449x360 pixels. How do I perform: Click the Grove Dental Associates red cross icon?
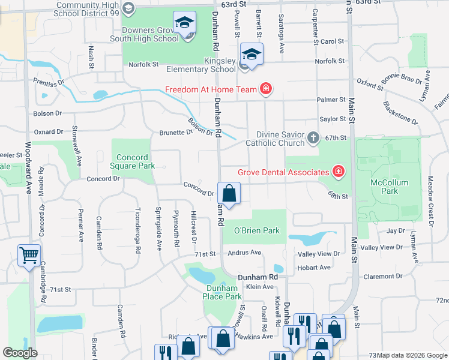tap(339, 172)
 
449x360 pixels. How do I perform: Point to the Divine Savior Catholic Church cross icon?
tap(312, 139)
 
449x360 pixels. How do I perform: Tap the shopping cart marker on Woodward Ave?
tap(29, 256)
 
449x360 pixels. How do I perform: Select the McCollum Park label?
tap(390, 187)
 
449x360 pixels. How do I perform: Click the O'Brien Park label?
tap(257, 230)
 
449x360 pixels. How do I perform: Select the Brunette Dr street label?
tap(176, 133)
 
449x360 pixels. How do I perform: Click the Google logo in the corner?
tap(20, 352)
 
